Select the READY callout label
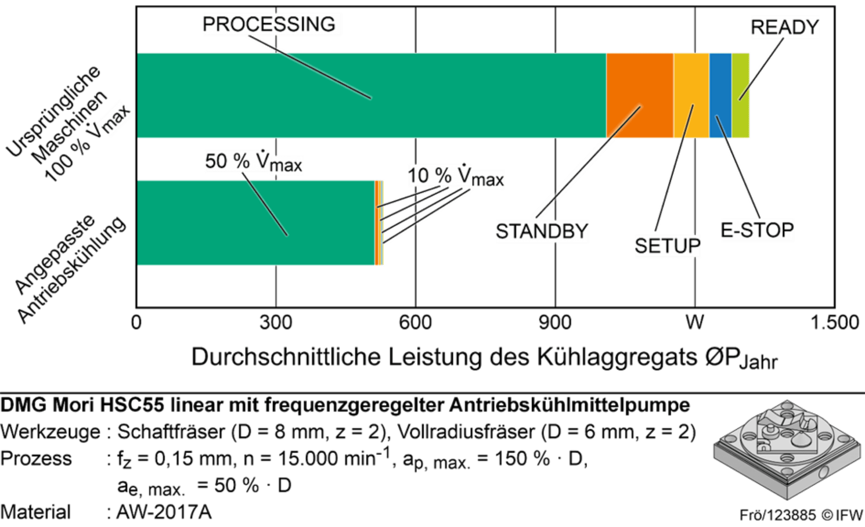[785, 27]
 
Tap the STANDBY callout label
[542, 232]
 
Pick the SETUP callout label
[668, 246]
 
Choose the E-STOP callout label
[757, 230]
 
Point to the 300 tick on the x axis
[276, 323]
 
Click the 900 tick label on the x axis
[555, 323]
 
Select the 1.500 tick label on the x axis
[835, 323]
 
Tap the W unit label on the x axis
[695, 323]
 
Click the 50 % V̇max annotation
[253, 162]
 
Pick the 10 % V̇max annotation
[455, 177]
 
